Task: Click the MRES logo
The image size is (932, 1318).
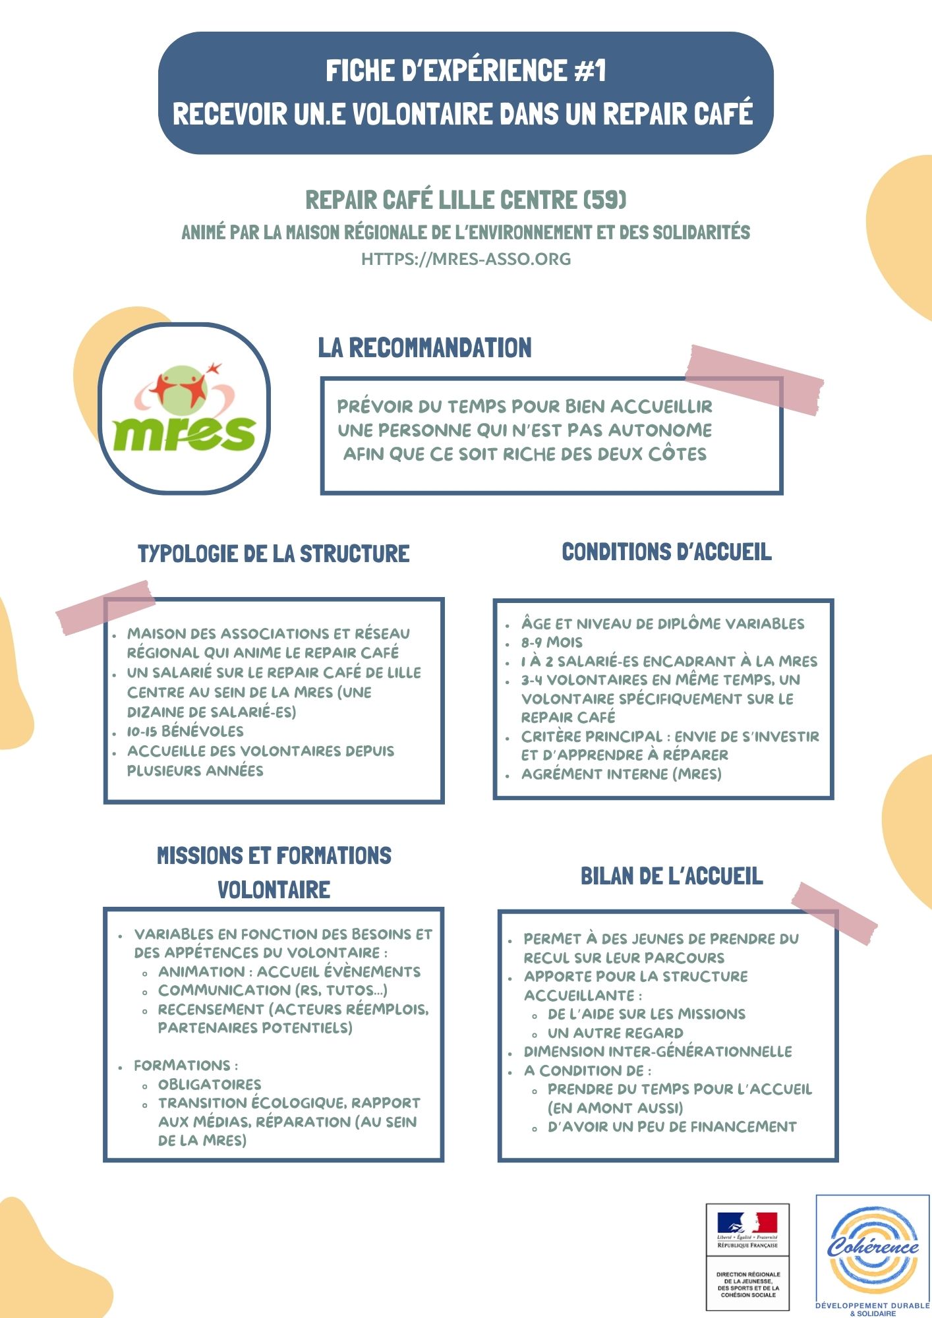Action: click(184, 409)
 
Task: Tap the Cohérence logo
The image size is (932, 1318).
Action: click(873, 1249)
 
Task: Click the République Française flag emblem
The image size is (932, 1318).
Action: click(747, 1224)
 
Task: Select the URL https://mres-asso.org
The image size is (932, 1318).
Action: click(466, 259)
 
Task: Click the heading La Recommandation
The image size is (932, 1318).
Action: click(424, 348)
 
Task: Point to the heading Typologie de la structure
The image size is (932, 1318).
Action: click(274, 554)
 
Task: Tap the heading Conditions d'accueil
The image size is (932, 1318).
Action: click(666, 552)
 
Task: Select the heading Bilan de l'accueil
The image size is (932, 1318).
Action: click(672, 876)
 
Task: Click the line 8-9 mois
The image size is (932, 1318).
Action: click(552, 643)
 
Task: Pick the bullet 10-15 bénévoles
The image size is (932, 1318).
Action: click(185, 731)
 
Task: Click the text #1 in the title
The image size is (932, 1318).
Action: click(590, 71)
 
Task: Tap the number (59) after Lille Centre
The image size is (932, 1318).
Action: click(605, 200)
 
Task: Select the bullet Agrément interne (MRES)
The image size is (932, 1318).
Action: click(621, 774)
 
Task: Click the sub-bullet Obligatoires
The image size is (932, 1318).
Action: click(210, 1085)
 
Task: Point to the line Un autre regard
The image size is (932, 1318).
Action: click(615, 1033)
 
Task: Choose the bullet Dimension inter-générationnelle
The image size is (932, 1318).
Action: click(658, 1052)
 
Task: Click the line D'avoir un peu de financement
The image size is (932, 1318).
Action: click(672, 1128)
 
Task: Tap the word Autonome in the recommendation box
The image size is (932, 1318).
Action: click(659, 430)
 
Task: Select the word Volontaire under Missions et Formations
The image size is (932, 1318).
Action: click(274, 890)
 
